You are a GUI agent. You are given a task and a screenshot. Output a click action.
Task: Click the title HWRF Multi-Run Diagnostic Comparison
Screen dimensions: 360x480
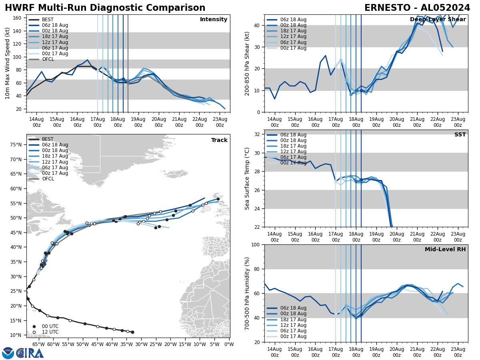(x=105, y=8)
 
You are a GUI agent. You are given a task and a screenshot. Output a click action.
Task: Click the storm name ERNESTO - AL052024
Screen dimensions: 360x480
(x=417, y=8)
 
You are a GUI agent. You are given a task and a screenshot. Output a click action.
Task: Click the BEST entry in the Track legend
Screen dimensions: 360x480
(x=48, y=139)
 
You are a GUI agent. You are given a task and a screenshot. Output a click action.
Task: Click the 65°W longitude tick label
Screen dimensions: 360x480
(x=38, y=344)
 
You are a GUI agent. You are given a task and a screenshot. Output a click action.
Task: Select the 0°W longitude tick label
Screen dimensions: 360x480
(x=229, y=344)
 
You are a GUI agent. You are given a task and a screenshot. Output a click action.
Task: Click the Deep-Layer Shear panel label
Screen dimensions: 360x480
(x=438, y=20)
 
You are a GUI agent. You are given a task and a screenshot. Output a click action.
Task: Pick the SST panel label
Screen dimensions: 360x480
(x=460, y=135)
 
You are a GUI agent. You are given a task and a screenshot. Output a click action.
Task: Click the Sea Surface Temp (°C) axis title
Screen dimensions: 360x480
(x=247, y=178)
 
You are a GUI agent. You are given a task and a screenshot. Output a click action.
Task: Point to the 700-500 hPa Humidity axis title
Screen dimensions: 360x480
(x=247, y=293)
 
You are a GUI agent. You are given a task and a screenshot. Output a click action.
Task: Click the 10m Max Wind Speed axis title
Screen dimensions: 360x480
(x=7, y=63)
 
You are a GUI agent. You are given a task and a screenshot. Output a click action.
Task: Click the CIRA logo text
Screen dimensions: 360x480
(x=30, y=353)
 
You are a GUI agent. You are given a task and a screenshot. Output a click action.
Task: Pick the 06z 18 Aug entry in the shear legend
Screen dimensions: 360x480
(x=293, y=20)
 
